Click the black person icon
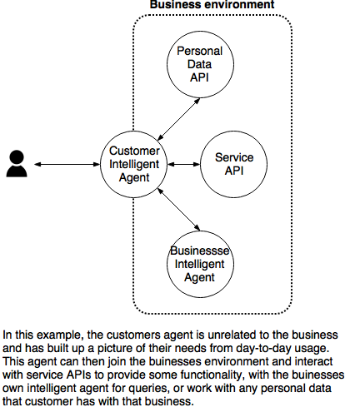pos(17,163)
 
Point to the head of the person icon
pos(17,157)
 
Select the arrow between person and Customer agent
pos(67,164)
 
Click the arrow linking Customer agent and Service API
pos(183,164)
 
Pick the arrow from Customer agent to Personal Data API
pos(178,119)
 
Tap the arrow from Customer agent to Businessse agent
pos(178,209)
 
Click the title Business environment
pos(212,4)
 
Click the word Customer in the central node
pos(134,151)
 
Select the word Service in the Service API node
pos(234,157)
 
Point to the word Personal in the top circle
pos(200,51)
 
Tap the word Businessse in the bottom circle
pos(200,251)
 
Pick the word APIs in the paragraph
pos(78,375)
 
